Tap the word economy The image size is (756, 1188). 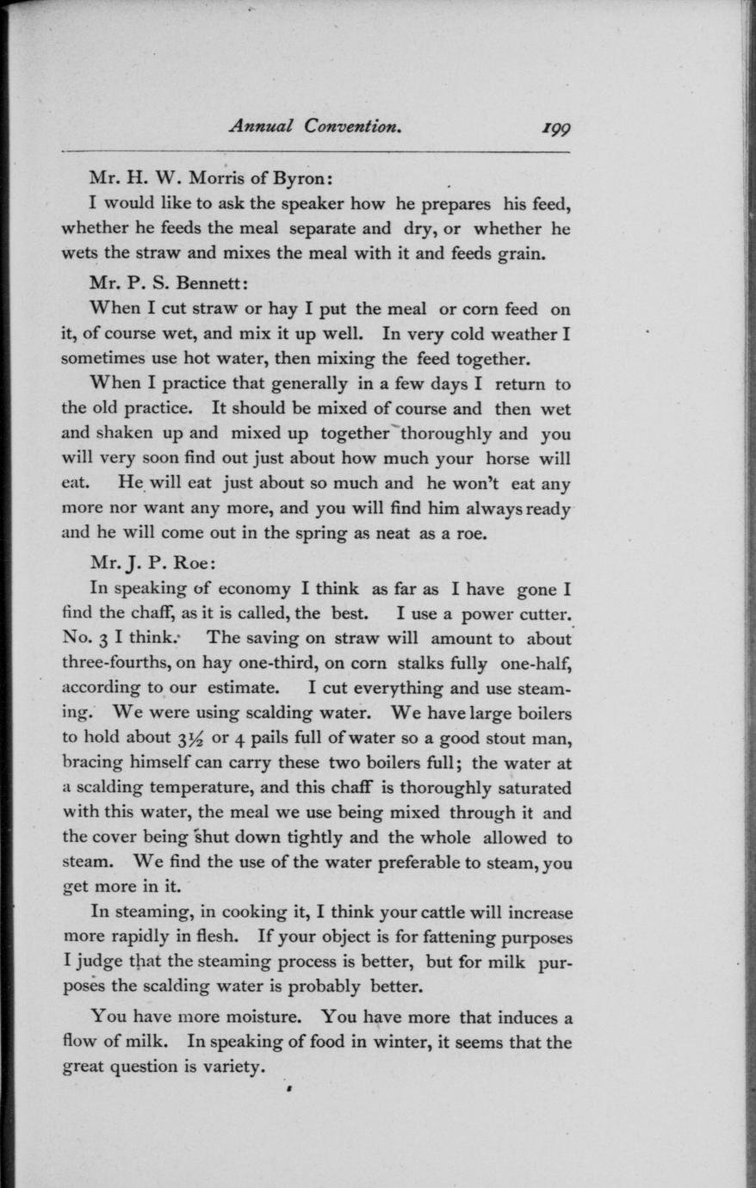pyautogui.click(x=253, y=589)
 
